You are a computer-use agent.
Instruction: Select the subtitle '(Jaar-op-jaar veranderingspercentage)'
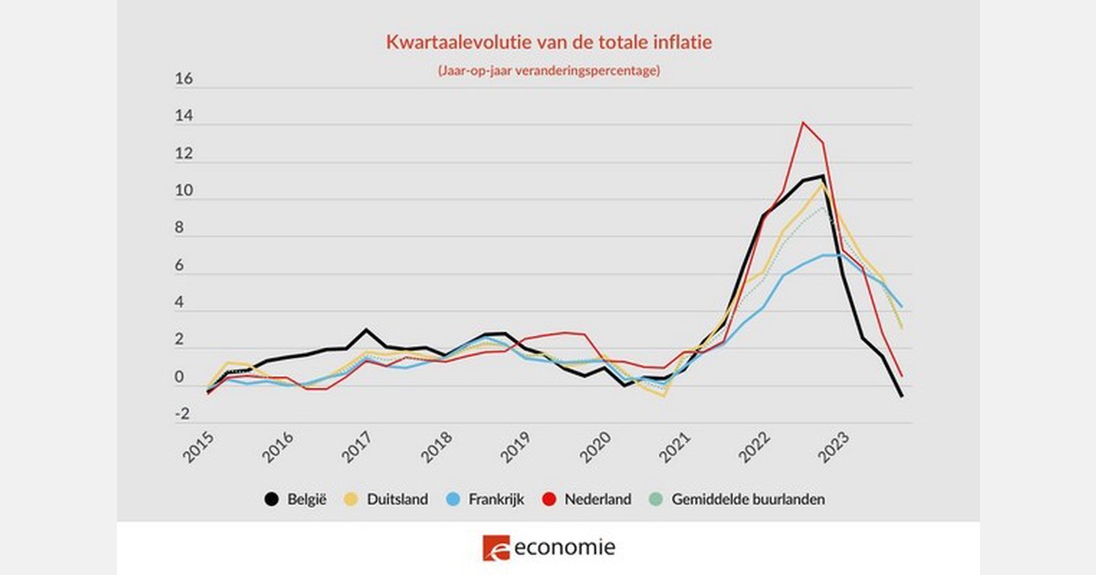click(x=548, y=70)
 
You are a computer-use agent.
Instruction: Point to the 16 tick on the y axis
click(x=184, y=79)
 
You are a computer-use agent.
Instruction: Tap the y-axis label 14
click(x=184, y=117)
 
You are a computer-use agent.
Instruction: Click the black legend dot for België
click(x=271, y=499)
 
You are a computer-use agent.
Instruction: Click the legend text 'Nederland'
click(x=597, y=499)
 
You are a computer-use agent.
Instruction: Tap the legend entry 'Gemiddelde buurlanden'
click(x=748, y=499)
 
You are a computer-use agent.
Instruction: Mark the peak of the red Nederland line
click(x=803, y=122)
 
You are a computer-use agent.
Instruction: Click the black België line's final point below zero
click(x=901, y=396)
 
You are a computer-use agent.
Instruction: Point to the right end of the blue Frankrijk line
click(x=901, y=307)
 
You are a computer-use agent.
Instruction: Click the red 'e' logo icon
click(x=495, y=548)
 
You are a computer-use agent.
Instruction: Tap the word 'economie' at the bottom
click(x=564, y=548)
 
